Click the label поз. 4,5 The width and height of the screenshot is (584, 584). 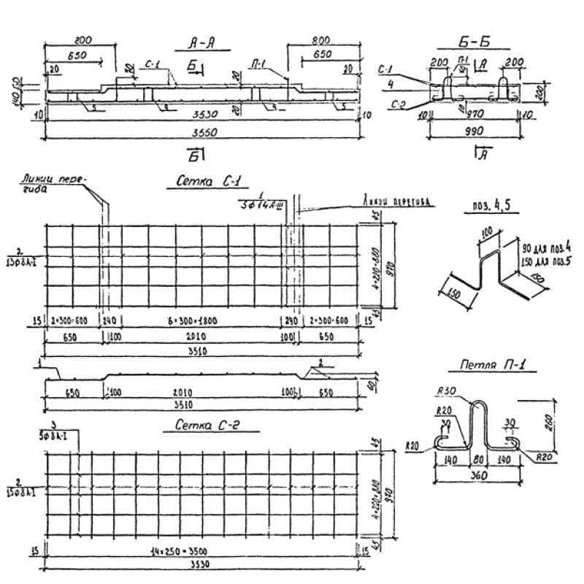pos(491,207)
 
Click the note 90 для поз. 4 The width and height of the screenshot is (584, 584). pos(539,241)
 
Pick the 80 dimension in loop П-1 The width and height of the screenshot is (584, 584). pos(480,460)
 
